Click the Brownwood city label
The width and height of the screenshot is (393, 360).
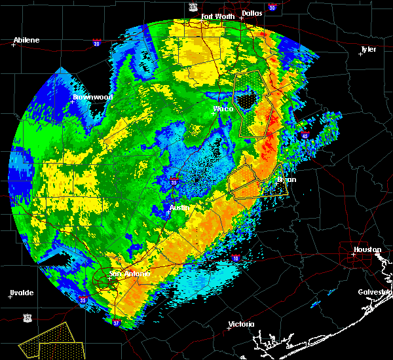(x=92, y=97)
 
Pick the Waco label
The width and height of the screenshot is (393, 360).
(x=223, y=109)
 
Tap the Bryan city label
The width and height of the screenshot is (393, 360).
(x=286, y=179)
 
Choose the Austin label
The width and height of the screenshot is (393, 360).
(x=179, y=207)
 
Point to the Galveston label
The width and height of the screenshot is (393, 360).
(x=374, y=292)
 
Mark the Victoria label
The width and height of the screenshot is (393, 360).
(x=241, y=324)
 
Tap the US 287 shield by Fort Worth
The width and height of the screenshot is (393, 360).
(x=193, y=7)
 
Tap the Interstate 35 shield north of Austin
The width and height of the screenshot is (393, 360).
(x=173, y=178)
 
